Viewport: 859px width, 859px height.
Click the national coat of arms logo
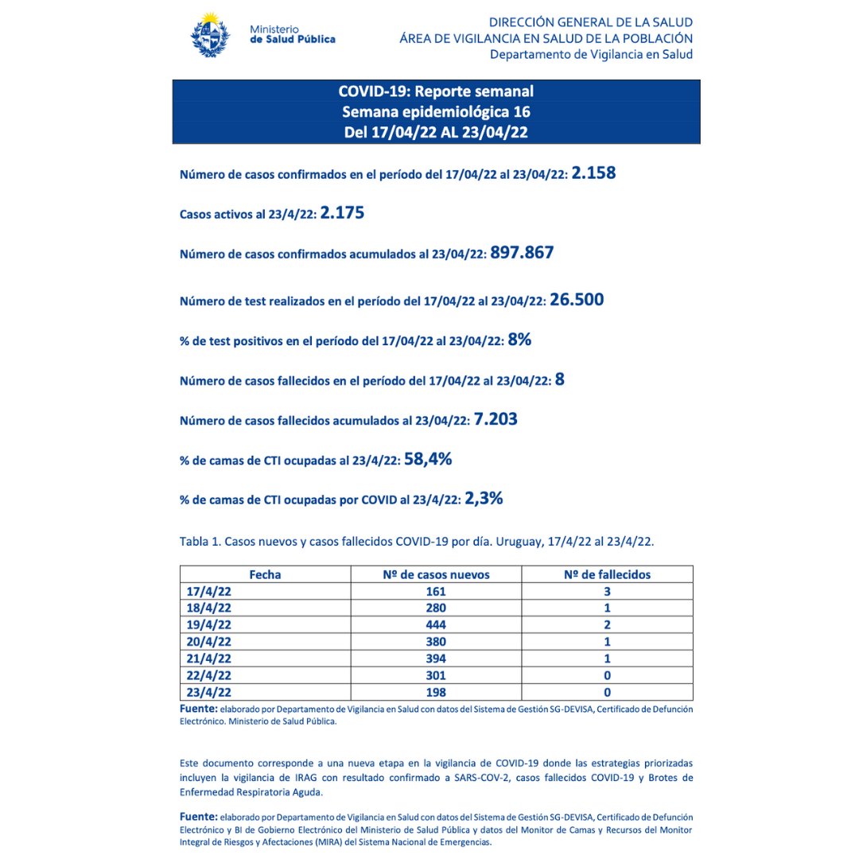(x=211, y=34)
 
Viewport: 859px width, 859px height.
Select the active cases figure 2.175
(x=342, y=213)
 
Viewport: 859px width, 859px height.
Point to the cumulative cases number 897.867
(x=522, y=253)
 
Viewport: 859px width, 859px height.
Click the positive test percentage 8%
(x=519, y=340)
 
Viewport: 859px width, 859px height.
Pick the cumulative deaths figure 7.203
(x=496, y=418)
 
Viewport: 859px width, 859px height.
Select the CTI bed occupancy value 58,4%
(x=428, y=458)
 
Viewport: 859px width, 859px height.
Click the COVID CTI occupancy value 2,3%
(x=484, y=499)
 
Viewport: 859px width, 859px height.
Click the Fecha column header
(x=265, y=574)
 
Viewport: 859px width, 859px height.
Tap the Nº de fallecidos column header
(x=607, y=574)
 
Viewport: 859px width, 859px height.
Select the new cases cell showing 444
(x=436, y=624)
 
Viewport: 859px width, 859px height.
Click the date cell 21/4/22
(x=208, y=658)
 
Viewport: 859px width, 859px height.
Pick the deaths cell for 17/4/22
(x=607, y=591)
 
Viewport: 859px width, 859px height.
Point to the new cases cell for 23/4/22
(x=436, y=692)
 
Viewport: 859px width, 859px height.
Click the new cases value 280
(x=436, y=608)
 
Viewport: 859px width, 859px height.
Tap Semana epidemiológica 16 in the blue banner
(x=436, y=111)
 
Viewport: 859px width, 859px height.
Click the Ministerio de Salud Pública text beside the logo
(x=292, y=34)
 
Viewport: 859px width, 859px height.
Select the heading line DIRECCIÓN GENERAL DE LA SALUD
(x=590, y=22)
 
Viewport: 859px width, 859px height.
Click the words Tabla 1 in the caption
(x=200, y=542)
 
